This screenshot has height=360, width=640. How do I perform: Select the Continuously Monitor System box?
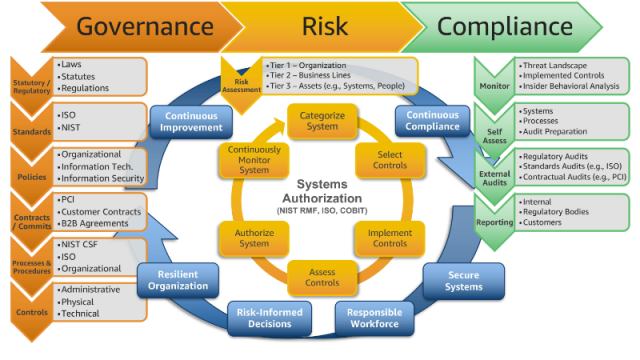coord(253,160)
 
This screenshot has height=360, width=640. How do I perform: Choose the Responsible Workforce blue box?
coord(374,318)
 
